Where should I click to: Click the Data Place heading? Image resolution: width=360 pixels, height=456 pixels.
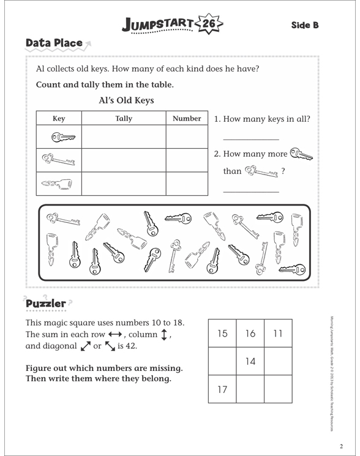[54, 43]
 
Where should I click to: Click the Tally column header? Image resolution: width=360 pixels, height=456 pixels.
[124, 119]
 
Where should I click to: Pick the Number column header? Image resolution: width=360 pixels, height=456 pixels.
[187, 119]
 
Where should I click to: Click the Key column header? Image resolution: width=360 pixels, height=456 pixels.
[59, 119]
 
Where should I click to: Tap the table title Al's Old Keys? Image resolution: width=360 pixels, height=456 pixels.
[126, 100]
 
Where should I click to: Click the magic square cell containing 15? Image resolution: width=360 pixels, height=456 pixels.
[222, 334]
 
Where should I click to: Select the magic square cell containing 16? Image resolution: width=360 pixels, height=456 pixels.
[250, 334]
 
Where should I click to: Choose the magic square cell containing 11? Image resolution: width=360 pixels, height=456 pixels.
[278, 334]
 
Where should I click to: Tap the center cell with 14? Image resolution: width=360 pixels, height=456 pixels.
[250, 361]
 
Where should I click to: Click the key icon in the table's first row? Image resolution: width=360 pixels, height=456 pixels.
[59, 137]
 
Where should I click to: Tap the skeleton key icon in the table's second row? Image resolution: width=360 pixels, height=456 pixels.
[59, 160]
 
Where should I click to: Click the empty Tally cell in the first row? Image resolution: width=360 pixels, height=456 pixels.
[124, 137]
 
